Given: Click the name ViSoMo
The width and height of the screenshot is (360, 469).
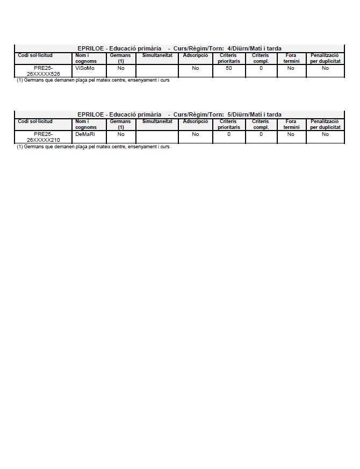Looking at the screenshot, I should click(85, 68).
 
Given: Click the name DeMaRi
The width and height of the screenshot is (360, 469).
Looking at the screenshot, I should click(85, 134).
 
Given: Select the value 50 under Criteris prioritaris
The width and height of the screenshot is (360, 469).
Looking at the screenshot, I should click(229, 68).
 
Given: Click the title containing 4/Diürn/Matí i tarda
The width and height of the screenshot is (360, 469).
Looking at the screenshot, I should click(179, 48).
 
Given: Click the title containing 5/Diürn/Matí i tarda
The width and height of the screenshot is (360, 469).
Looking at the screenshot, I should click(179, 114).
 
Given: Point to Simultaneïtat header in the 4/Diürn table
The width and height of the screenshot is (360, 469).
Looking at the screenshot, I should click(157, 55).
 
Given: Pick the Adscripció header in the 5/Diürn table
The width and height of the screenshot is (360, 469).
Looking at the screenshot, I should click(195, 121).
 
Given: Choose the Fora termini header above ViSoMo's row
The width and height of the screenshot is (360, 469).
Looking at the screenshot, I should click(291, 58).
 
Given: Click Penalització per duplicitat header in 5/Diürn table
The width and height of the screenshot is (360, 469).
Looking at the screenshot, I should click(325, 124).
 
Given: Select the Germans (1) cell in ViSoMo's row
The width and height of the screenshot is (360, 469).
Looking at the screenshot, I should click(121, 68).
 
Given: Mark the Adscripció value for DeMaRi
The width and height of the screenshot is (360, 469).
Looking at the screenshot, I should click(195, 134).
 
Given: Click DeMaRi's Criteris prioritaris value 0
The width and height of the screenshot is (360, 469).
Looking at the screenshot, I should click(229, 134).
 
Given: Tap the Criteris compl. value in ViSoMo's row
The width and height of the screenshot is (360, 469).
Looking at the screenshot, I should click(261, 68).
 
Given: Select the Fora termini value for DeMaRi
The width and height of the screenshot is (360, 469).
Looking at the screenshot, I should click(291, 134).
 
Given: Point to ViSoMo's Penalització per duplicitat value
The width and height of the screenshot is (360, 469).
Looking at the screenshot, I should click(325, 68).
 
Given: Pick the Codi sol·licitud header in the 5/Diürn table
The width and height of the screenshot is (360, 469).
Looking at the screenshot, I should click(35, 121).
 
